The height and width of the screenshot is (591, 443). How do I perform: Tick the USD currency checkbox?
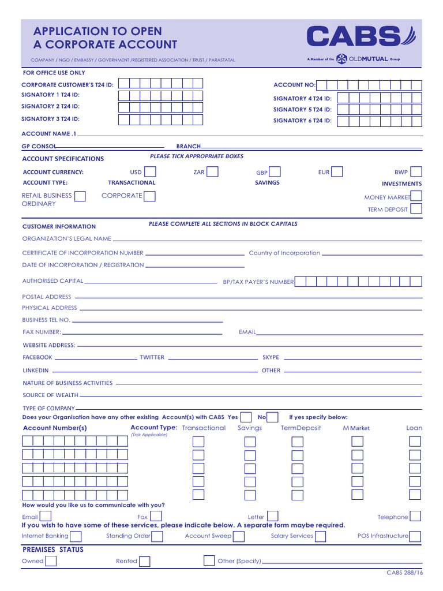tap(150, 171)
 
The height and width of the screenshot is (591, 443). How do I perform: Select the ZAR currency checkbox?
tap(212, 171)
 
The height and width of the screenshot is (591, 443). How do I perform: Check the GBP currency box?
tap(275, 171)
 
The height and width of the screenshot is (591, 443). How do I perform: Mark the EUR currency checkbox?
tap(337, 171)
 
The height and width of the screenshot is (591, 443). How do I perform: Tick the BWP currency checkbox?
tap(416, 171)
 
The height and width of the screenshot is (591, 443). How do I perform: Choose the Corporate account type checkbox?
tap(149, 196)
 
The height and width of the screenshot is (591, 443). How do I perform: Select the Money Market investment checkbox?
tap(416, 196)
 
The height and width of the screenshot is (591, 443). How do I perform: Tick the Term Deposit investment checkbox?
tap(416, 209)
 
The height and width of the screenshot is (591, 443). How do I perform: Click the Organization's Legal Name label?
tap(67, 238)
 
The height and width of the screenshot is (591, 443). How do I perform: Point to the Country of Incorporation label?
tap(284, 253)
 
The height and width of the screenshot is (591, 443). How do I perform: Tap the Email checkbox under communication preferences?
tap(45, 516)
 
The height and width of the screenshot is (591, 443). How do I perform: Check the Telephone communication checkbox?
tap(415, 516)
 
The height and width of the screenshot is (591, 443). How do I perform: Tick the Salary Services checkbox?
tap(320, 536)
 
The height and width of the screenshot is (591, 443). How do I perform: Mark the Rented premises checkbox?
tap(145, 561)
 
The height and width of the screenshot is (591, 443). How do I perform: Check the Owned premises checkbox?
tap(51, 561)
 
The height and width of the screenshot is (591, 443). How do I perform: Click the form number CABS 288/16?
tap(404, 573)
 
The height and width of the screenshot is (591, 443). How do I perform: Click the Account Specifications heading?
tap(63, 159)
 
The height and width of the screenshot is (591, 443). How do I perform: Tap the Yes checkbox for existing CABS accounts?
tap(246, 417)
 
